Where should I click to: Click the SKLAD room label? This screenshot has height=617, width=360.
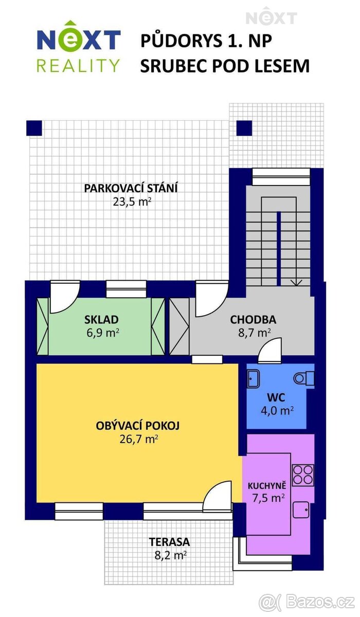coord(101,319)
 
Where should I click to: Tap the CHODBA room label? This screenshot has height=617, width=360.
coord(253,319)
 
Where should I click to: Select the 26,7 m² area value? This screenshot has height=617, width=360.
coord(138,439)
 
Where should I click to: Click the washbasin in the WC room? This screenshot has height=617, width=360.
coord(253,379)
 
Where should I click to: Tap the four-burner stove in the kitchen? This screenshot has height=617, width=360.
coord(303,475)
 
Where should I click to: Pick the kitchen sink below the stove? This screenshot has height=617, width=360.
coord(301,510)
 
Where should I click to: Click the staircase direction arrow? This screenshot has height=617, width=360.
coord(297,283)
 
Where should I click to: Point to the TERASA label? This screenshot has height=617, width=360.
coord(169,542)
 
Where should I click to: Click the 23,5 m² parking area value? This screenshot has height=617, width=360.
coord(132,202)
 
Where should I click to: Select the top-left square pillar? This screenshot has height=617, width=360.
coord(34,128)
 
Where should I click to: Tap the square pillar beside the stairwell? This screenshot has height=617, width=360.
coord(244,128)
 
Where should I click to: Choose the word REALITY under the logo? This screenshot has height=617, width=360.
coord(78,66)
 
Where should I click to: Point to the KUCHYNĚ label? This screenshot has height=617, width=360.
coord(267,485)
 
